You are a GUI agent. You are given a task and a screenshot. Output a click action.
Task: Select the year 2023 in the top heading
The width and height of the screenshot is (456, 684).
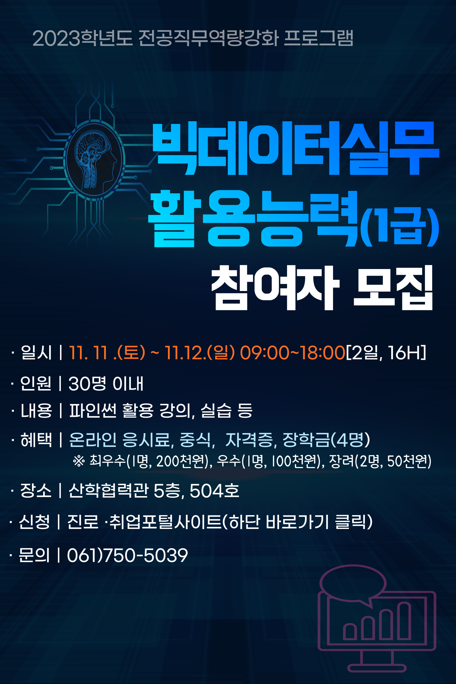click(57, 39)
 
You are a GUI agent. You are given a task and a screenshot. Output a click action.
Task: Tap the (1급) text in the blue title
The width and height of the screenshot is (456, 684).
click(400, 227)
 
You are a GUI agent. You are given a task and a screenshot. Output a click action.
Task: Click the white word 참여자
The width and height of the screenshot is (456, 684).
click(275, 288)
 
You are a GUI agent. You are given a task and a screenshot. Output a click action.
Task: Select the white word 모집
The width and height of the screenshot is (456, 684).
click(393, 288)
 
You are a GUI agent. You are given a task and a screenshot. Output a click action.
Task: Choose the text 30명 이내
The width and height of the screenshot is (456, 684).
click(106, 384)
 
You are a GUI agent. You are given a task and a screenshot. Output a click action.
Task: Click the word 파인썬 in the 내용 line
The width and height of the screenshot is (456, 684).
click(93, 411)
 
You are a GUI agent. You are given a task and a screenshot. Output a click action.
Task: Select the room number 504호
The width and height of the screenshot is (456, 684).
click(214, 491)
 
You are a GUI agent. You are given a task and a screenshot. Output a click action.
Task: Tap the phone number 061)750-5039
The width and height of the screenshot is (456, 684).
click(128, 555)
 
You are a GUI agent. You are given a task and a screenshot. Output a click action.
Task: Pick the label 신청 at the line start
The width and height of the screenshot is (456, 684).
click(34, 522)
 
